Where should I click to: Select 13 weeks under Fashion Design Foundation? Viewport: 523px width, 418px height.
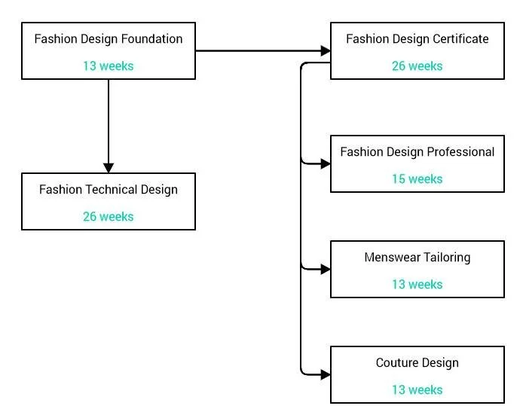point(108,66)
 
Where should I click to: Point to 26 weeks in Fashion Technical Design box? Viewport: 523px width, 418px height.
point(108,216)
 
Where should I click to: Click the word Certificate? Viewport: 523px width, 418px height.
point(460,38)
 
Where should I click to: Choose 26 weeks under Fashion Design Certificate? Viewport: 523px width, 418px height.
point(417,66)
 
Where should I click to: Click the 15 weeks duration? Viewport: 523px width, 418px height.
point(417,178)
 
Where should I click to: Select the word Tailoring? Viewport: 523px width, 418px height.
point(445,258)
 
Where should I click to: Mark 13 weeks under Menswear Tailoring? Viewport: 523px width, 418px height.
point(417,284)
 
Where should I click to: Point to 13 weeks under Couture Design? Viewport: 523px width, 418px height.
point(417,389)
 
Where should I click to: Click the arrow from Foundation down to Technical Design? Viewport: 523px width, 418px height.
point(109,124)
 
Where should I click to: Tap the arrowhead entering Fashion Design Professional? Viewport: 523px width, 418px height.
point(326,163)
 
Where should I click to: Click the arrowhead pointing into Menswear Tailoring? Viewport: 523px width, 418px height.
point(326,268)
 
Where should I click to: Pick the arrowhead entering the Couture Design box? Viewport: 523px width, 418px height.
point(326,374)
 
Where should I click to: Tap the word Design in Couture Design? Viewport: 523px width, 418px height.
point(440,363)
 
